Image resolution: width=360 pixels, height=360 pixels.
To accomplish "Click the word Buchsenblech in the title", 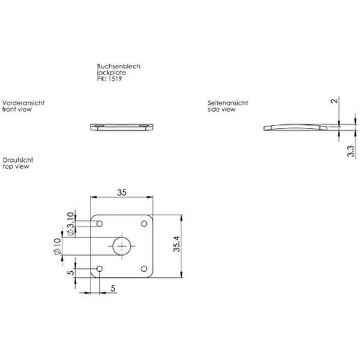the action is coord(119,67).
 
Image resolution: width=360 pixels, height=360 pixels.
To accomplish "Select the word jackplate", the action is coord(112,73).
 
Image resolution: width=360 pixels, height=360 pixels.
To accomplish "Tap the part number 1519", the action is coord(115,79).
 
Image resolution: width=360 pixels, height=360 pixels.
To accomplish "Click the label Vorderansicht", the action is coord(23,103).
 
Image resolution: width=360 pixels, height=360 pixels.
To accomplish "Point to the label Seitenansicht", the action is coord(228,103).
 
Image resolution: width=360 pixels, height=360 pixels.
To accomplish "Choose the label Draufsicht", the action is coord(18,160).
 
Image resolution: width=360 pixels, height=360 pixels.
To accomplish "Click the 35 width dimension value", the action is coord(122,193).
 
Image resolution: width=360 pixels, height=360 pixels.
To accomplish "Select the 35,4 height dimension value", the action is coord(177,244).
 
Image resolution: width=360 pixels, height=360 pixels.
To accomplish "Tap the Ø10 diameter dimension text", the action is coord(57,246).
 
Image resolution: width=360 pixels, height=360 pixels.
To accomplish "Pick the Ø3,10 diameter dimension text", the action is coord(70,224).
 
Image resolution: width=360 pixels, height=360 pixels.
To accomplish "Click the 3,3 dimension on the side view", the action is coord(350,151).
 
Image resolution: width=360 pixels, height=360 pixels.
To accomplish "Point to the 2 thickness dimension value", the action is coord(335,101).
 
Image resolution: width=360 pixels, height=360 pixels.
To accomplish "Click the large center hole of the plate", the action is coord(122,246).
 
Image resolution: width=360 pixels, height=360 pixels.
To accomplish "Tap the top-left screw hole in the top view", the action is coord(100,224).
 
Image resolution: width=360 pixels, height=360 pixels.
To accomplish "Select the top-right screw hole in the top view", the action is coord(144,224).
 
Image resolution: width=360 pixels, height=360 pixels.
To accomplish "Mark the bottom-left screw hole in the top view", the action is coord(100,269).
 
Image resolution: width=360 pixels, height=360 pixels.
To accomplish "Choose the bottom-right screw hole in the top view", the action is coord(144,269).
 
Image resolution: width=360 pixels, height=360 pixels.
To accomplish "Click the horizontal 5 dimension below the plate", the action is coord(113,288).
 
